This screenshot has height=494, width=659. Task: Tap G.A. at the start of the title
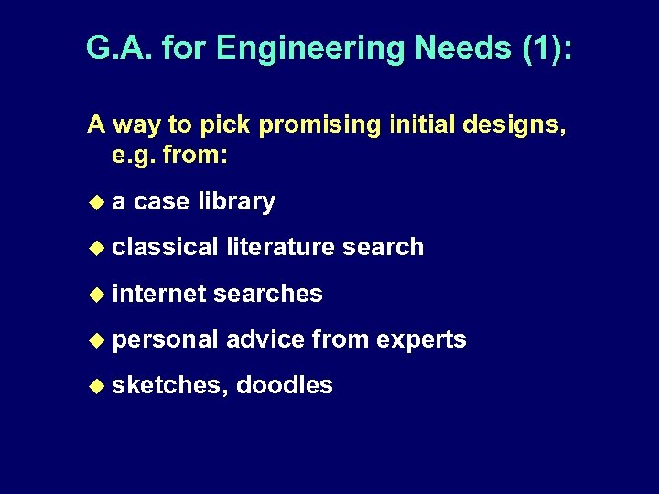click(117, 47)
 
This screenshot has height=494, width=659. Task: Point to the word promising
click(312, 125)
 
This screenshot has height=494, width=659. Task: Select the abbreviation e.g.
click(133, 156)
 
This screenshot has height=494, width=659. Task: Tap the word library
click(236, 201)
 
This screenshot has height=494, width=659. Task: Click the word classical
click(165, 247)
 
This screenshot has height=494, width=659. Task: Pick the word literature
click(282, 247)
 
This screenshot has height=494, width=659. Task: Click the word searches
click(267, 293)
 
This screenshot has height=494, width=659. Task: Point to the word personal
click(165, 339)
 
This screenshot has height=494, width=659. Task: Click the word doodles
click(284, 385)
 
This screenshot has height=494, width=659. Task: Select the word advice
click(265, 339)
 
